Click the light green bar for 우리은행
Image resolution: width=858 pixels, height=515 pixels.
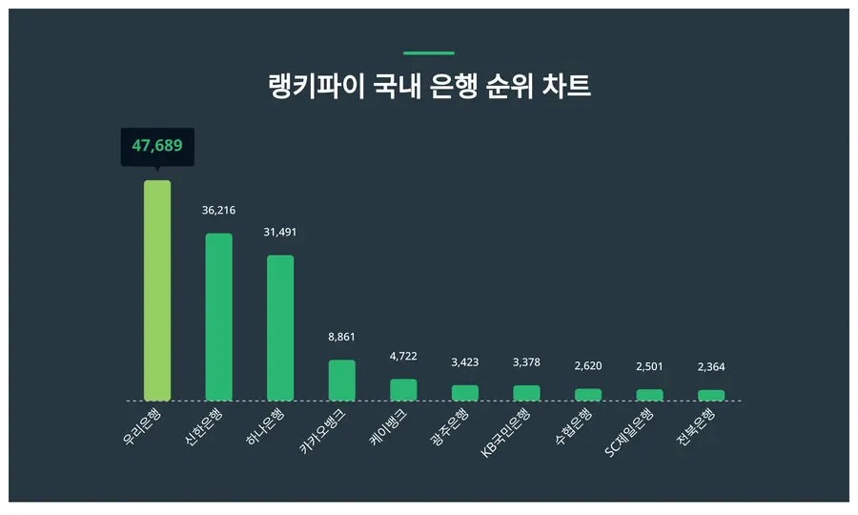point(157,290)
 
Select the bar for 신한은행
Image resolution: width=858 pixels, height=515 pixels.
point(218,317)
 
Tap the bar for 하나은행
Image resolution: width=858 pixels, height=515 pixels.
point(280,327)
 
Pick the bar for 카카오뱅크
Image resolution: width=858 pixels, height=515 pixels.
point(341,380)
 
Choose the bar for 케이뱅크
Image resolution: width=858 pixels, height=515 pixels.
point(403,389)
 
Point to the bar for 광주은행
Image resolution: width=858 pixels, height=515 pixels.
point(464,393)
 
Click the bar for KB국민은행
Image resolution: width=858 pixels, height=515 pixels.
point(526,393)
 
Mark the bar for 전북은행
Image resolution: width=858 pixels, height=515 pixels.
point(711,395)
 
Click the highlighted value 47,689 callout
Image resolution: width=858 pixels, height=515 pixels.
point(157,147)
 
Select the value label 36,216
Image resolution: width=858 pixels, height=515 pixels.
point(218,210)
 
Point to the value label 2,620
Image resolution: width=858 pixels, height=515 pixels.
point(587,365)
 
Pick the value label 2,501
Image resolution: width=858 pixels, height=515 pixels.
point(649,366)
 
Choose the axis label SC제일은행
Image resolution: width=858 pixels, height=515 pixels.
point(630,433)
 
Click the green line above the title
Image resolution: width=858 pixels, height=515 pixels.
point(429,53)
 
